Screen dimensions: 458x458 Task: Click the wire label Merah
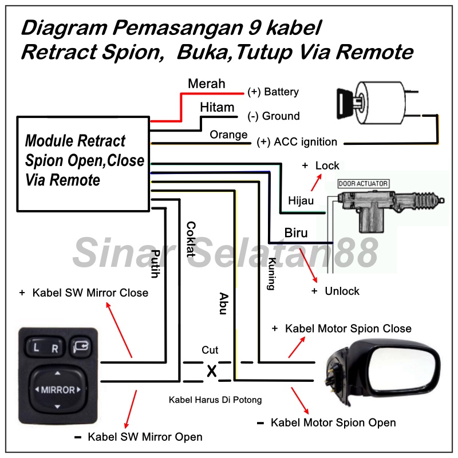click(x=207, y=84)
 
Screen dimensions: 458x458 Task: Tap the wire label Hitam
click(x=217, y=108)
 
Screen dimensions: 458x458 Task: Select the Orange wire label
click(x=228, y=135)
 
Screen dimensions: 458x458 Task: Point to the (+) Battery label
click(x=273, y=92)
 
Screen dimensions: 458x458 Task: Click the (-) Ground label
click(x=273, y=116)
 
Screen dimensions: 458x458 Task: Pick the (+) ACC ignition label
click(x=297, y=142)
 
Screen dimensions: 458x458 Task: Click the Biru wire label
click(x=297, y=233)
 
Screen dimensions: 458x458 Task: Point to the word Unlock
click(x=342, y=291)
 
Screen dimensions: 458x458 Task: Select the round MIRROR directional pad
click(x=57, y=390)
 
